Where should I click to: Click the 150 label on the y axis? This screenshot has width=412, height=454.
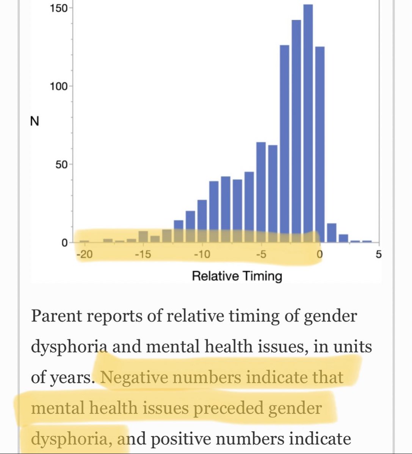click(59, 8)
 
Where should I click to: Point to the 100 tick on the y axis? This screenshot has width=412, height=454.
click(59, 86)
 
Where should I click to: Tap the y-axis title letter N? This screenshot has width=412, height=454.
click(35, 122)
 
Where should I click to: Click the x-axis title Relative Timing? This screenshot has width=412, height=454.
click(237, 276)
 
